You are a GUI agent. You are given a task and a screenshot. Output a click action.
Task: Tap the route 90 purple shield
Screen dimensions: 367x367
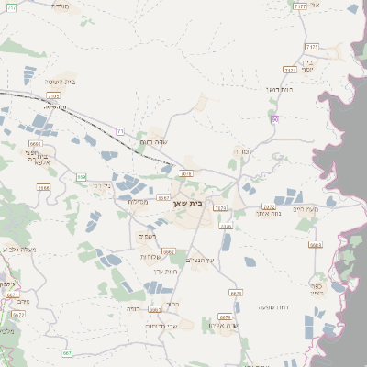pos(273,118)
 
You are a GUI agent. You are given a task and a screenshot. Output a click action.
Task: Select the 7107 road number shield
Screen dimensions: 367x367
pos(52,95)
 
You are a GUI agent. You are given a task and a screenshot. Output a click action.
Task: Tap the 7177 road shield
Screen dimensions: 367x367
pos(299,6)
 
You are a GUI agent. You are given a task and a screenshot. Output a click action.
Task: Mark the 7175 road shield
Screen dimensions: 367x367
pos(312,45)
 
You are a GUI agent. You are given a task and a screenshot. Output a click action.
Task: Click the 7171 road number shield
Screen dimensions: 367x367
pos(290,70)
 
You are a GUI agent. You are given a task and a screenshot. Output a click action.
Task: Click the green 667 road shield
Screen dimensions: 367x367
pos(67,352)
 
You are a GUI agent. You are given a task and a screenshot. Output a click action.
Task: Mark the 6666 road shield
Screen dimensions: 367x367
pos(43,187)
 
